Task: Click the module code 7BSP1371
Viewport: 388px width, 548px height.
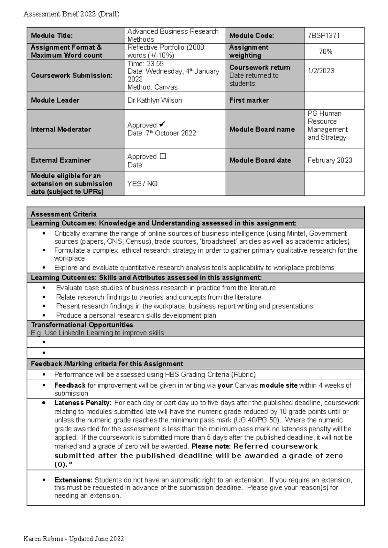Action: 323,36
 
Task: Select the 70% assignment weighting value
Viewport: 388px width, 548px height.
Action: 326,51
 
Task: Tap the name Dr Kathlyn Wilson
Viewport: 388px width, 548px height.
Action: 155,100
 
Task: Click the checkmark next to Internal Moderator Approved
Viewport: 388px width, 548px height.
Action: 163,124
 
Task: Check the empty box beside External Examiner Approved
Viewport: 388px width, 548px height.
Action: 163,156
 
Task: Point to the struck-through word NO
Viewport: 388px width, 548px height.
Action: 152,184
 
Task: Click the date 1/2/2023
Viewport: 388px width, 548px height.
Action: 321,71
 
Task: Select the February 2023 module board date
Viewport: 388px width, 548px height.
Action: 330,160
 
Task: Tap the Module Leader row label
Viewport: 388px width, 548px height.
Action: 55,100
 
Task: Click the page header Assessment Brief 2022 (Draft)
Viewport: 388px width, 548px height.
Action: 71,14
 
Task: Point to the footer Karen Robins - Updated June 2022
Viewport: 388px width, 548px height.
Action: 74,539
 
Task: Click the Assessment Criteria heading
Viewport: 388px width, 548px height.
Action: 63,214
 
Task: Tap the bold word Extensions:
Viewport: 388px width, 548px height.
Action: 73,480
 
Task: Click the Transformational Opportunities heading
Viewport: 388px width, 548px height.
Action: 82,325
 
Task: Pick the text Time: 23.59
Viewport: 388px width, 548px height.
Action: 145,64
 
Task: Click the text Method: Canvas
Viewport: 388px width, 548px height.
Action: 152,87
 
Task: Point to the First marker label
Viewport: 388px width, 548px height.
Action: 249,100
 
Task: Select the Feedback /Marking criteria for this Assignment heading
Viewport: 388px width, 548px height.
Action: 107,364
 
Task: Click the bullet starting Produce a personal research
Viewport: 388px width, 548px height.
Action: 136,315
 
